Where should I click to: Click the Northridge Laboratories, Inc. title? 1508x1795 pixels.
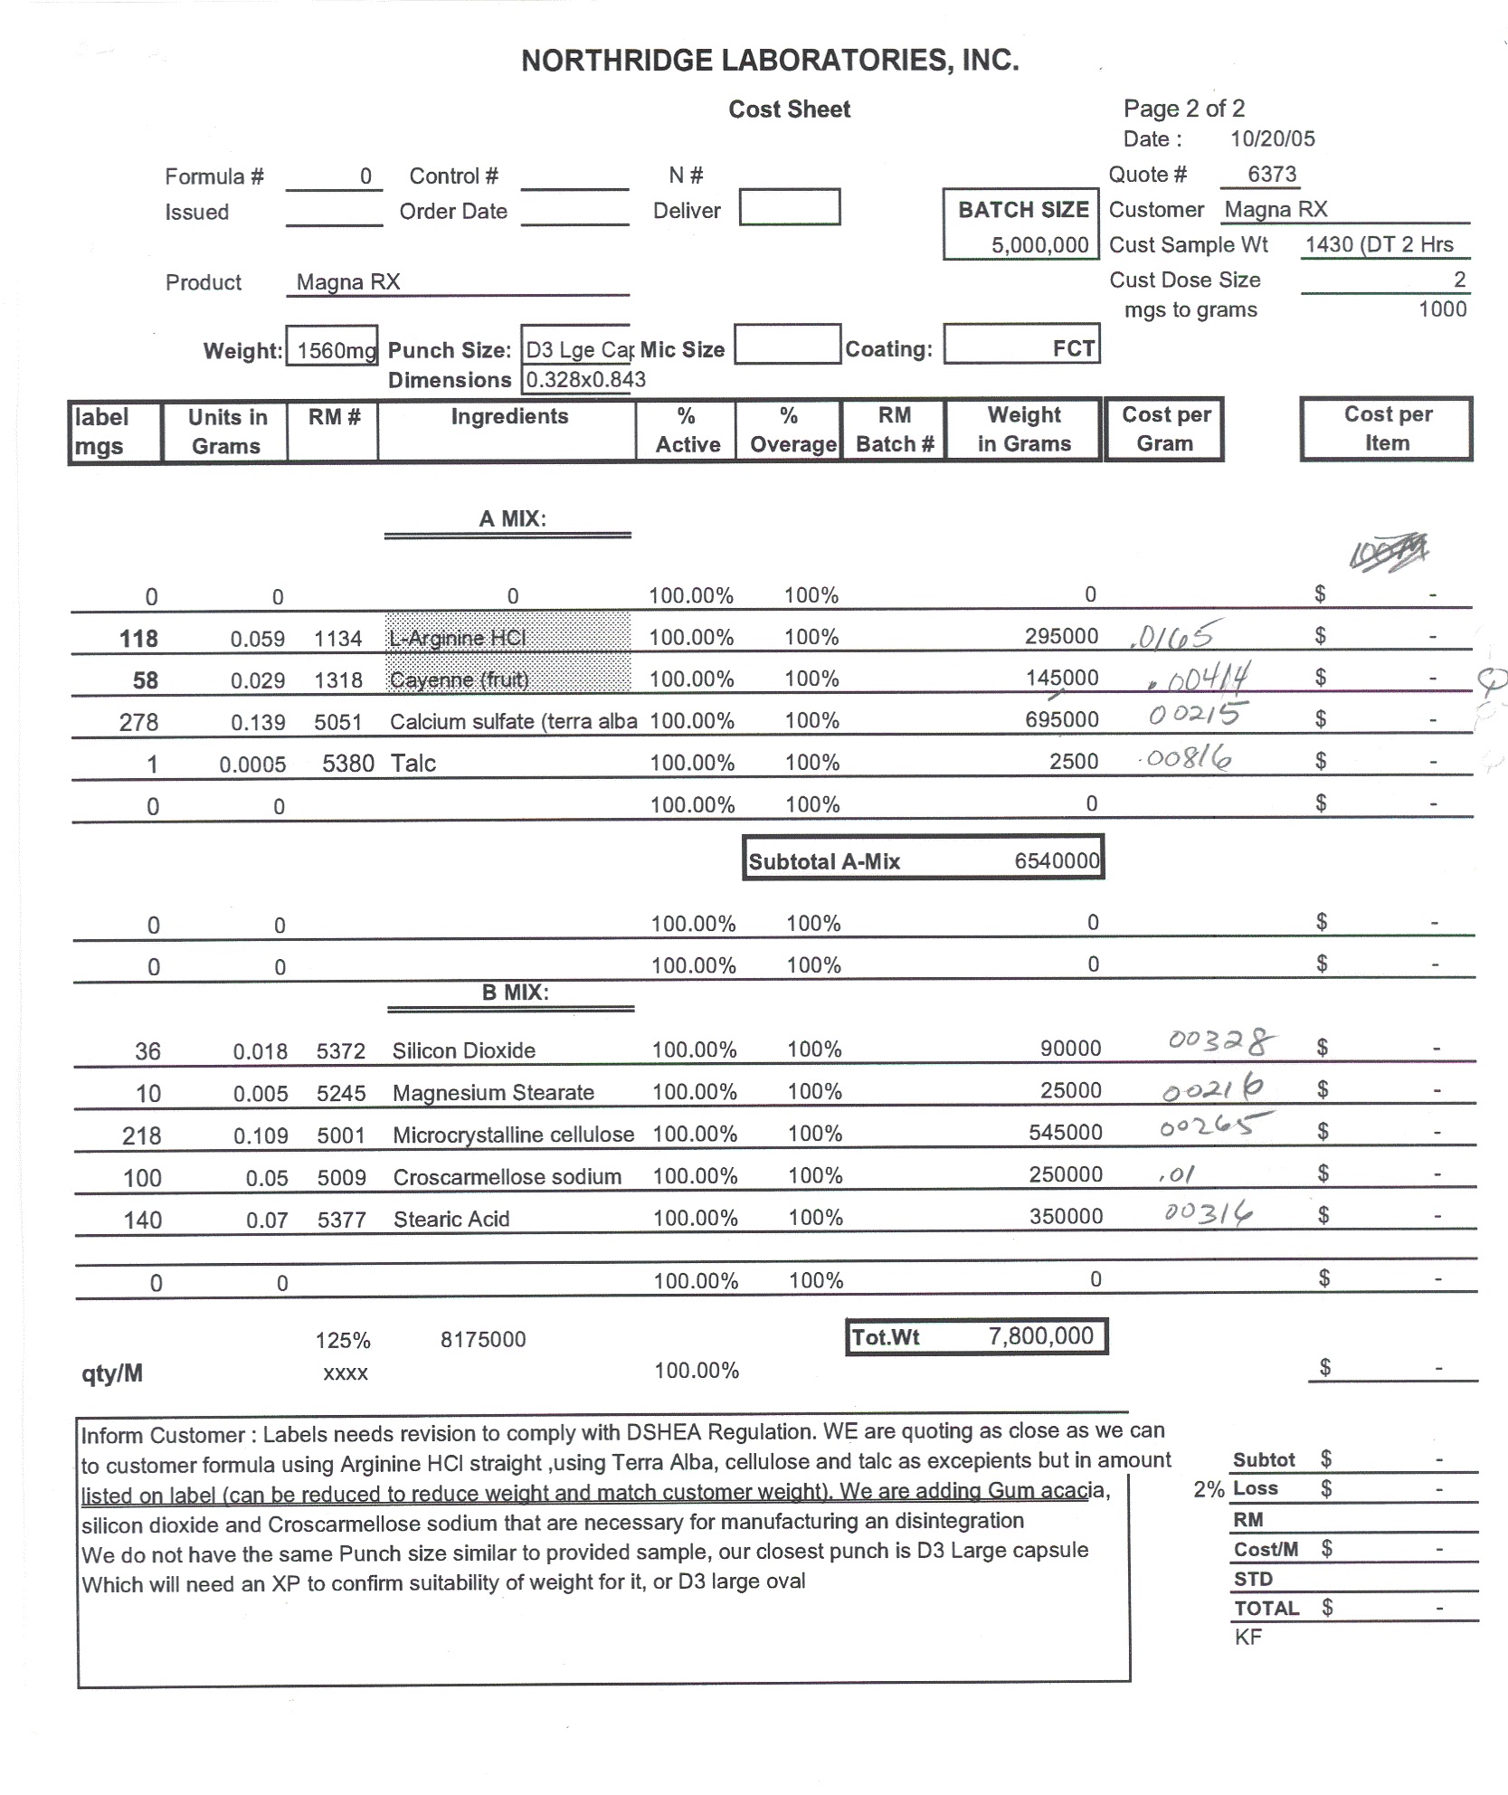click(770, 61)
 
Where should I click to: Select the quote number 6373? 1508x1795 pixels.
click(1271, 175)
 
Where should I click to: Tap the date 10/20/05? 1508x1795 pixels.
click(1272, 139)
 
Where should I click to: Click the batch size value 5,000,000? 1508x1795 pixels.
click(1039, 245)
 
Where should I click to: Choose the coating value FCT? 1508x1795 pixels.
click(1073, 349)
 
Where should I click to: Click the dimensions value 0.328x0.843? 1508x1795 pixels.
click(585, 380)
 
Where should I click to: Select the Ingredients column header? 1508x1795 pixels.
click(509, 417)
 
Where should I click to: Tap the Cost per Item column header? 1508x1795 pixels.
click(1387, 429)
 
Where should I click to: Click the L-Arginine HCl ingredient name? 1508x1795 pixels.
click(458, 639)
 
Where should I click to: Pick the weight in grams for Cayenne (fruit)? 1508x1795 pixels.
click(1061, 679)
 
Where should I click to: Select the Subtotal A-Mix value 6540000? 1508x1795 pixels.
click(1056, 861)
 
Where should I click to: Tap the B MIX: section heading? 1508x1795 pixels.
click(515, 992)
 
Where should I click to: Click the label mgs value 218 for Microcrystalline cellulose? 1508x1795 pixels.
click(142, 1136)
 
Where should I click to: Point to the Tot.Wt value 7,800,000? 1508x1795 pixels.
click(1040, 1336)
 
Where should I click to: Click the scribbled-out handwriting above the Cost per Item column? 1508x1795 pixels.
click(1388, 552)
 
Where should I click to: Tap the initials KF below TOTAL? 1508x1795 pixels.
click(1247, 1637)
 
